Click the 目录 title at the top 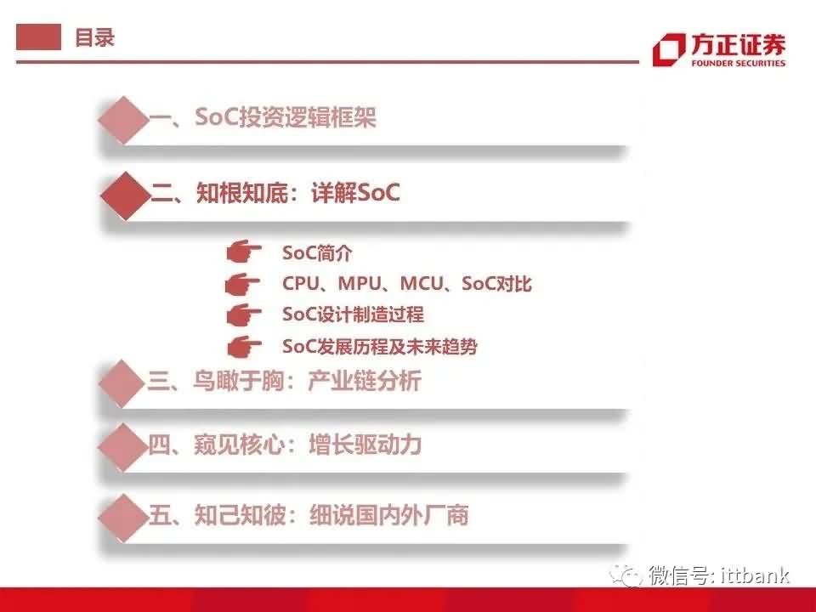pos(94,37)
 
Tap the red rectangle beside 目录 pos(38,37)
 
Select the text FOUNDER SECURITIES pos(738,64)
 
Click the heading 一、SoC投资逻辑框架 pos(263,116)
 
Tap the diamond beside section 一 pos(123,120)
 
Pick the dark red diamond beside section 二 pos(126,195)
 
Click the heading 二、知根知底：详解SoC pos(275,193)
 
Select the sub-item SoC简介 pos(317,253)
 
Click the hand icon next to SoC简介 pos(244,253)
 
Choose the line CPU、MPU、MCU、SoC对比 pos(407,284)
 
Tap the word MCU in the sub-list pos(421,284)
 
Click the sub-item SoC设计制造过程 pos(353,314)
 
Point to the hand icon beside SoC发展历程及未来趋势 pos(244,347)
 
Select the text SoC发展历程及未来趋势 pos(379,347)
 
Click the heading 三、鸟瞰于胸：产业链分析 pos(284,381)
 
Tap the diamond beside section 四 pos(122,447)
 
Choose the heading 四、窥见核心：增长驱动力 pos(285,445)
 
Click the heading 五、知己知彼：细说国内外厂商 pos(308,515)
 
